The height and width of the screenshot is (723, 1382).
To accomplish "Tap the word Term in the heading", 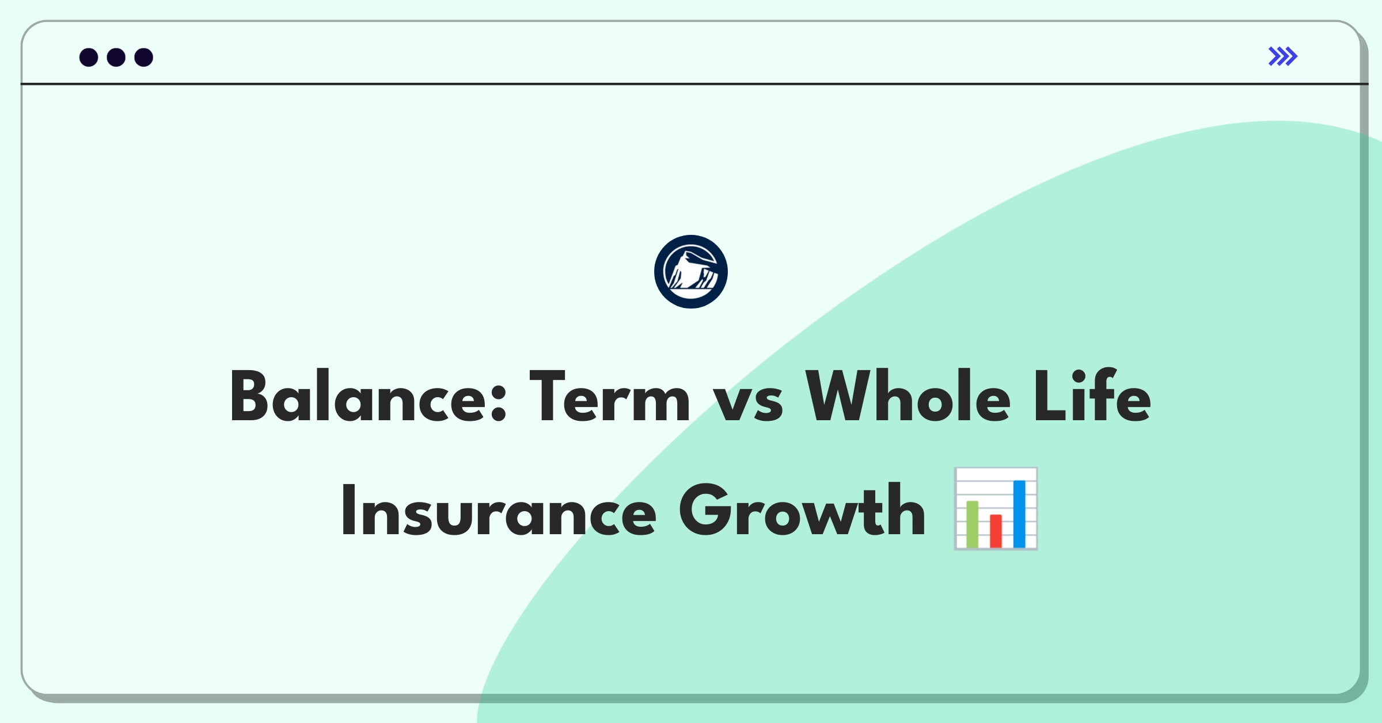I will [609, 397].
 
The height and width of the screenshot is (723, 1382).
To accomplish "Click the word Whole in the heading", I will [908, 397].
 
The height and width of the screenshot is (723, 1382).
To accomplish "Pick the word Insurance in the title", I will [499, 511].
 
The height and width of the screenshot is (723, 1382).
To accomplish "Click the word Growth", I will [802, 511].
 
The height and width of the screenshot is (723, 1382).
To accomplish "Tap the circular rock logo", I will [690, 272].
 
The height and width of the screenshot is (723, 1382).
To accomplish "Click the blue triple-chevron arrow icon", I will [1282, 56].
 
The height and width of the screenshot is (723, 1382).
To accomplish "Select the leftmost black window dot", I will [89, 58].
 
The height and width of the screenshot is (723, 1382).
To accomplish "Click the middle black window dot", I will [116, 58].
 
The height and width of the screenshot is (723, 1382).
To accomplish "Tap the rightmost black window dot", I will [144, 58].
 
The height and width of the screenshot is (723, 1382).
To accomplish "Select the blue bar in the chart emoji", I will [1019, 513].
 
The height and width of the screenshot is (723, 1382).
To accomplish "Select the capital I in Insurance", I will [347, 511].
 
